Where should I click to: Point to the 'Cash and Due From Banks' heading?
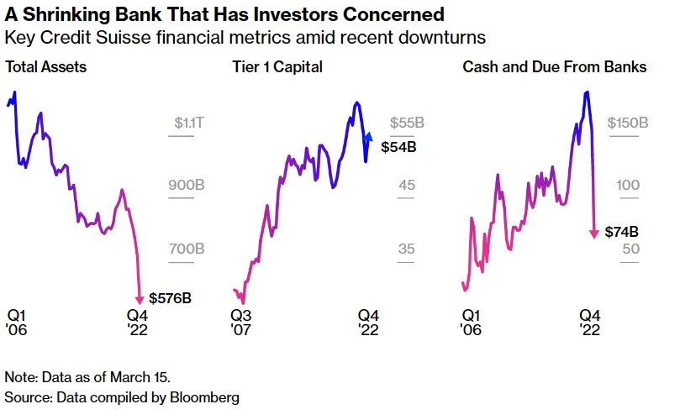point(554,66)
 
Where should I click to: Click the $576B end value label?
point(171,297)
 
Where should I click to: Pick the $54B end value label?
point(398,146)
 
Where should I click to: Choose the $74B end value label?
point(622,232)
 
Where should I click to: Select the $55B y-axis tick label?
point(406,123)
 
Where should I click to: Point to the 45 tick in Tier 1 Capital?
point(407,185)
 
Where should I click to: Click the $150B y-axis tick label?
point(627,123)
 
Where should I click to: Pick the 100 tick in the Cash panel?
point(630,185)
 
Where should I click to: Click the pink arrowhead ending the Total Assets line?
point(140,298)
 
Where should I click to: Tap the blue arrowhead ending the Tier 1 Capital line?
point(368,134)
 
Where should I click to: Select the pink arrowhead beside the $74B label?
point(595,233)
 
